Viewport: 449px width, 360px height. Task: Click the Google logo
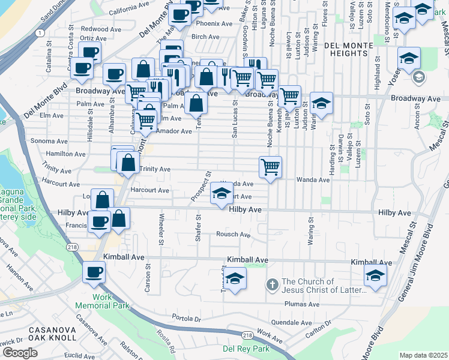pos(20,353)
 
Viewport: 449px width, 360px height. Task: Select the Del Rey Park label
pos(246,349)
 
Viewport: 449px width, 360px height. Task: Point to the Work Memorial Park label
pos(102,301)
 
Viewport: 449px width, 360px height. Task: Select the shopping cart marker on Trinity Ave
pos(271,167)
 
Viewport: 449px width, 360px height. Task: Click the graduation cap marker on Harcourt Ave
pos(221,194)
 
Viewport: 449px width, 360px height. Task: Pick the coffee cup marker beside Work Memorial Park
pos(93,273)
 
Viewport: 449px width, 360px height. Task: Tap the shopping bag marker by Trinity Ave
pos(127,162)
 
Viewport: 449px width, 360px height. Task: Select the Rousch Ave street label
pos(233,235)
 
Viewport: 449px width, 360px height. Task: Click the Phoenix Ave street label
pos(214,24)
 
